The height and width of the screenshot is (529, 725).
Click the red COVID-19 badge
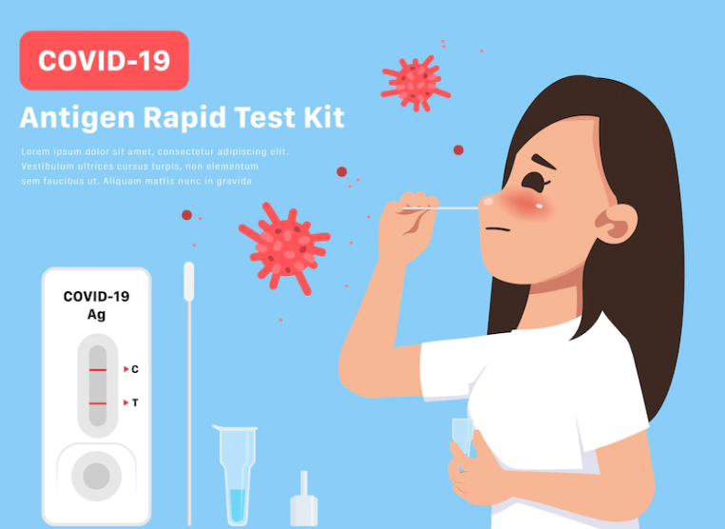pos(104,60)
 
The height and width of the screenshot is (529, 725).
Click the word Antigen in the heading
pos(77,119)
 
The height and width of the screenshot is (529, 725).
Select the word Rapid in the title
pos(184,119)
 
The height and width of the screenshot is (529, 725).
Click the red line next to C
pos(98,370)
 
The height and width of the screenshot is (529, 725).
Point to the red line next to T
pos(98,403)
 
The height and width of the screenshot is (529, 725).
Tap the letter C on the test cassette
pos(135,369)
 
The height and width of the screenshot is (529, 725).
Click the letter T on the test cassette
pos(135,402)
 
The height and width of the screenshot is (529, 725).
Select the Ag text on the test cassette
pos(96,315)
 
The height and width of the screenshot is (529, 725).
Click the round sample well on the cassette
pos(96,476)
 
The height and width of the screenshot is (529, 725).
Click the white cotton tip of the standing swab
pos(189,282)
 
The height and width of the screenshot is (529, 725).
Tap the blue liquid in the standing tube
pos(238,505)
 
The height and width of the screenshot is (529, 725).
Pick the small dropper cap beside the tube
pos(304,500)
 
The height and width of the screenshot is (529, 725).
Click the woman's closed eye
pos(535,183)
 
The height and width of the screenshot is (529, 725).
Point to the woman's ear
pos(616,224)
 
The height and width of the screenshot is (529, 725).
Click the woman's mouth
pos(497,229)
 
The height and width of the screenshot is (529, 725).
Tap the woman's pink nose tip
pos(487,202)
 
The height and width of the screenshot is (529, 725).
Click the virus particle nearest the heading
pos(415,84)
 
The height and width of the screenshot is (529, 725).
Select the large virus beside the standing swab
pos(284,247)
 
